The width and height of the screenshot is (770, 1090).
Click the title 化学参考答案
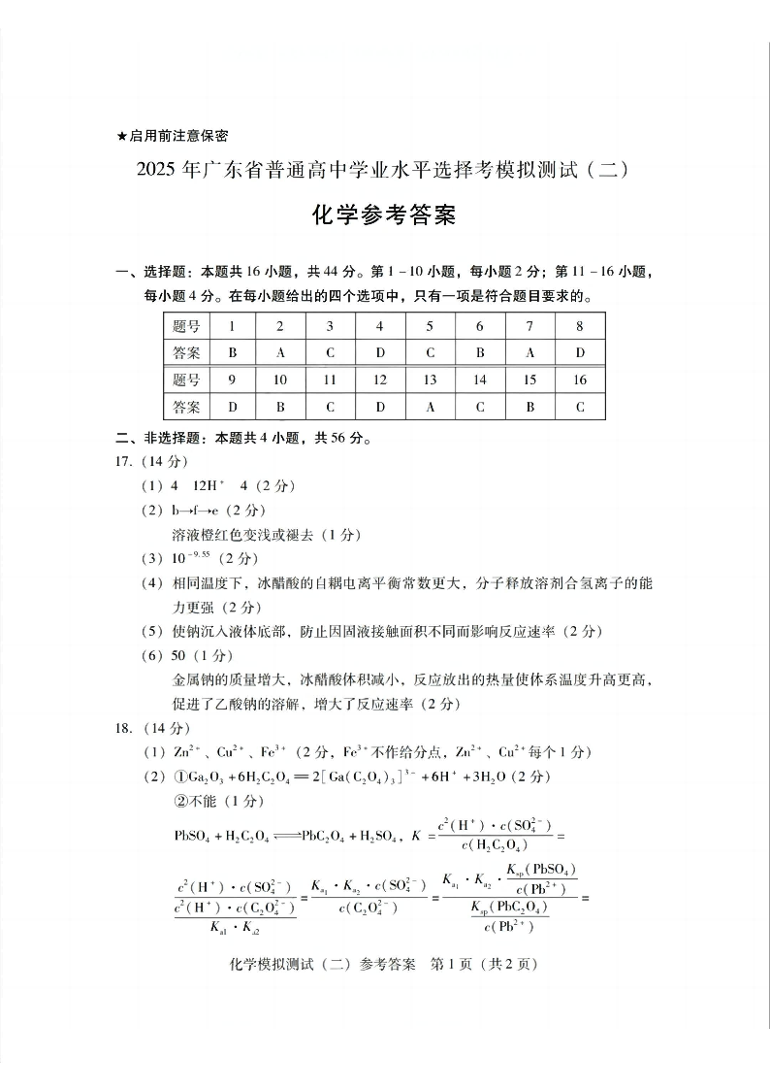click(x=384, y=215)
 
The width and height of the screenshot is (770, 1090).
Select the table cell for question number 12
click(x=380, y=380)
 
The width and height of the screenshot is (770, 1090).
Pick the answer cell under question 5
click(x=430, y=353)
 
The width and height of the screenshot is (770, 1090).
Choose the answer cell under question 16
click(x=580, y=407)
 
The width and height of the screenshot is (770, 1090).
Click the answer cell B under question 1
click(x=232, y=353)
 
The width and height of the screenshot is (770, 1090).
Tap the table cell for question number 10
click(x=280, y=380)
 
